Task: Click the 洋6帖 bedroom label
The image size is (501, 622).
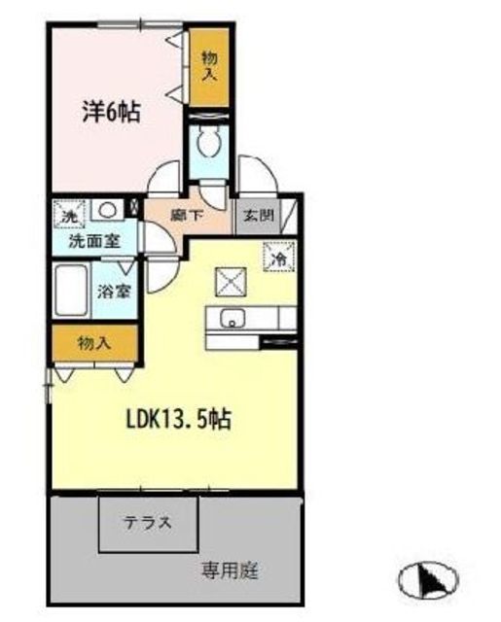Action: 111,113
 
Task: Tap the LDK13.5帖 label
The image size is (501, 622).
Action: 179,419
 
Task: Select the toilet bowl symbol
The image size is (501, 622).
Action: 207,144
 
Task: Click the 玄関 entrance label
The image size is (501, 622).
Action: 259,216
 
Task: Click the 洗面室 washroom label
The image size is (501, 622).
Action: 95,241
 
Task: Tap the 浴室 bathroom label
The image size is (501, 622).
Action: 115,293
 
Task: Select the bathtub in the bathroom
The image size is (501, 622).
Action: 71,290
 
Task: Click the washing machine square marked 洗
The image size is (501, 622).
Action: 69,214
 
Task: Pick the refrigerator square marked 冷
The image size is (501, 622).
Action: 280,257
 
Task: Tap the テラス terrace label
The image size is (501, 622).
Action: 148,523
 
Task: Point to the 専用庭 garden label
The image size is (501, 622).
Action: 230,570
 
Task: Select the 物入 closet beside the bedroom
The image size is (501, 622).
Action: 209,67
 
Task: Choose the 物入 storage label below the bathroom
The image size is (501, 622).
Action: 94,343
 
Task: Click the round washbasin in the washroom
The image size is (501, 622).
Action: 106,210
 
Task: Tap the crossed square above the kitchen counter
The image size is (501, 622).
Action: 231,282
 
